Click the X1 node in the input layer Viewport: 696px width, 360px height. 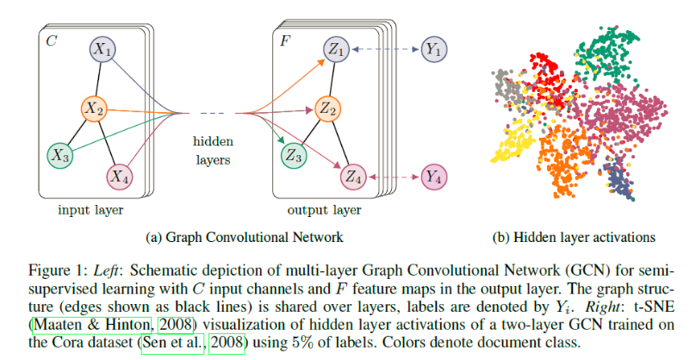pos(103,49)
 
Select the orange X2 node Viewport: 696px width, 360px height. pos(94,109)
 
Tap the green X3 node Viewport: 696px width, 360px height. pos(60,155)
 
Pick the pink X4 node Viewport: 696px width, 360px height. pos(120,177)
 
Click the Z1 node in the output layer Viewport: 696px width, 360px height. pos(336,49)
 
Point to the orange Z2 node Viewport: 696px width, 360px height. pos(327,109)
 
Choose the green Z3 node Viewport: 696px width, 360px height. pos(294,155)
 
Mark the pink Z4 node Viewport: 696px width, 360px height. pos(353,177)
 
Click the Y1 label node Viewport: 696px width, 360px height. pos(433,49)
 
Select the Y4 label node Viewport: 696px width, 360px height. pos(433,177)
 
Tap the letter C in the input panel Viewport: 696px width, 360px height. pos(51,41)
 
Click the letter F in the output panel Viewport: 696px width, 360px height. pos(285,41)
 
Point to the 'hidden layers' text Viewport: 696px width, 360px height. pos(213,151)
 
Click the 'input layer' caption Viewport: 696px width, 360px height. pos(90,210)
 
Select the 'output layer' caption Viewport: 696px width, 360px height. pos(324,210)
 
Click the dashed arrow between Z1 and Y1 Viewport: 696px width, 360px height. pos(385,49)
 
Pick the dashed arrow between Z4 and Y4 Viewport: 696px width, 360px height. pos(394,177)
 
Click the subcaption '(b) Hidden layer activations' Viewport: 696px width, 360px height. pos(574,238)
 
